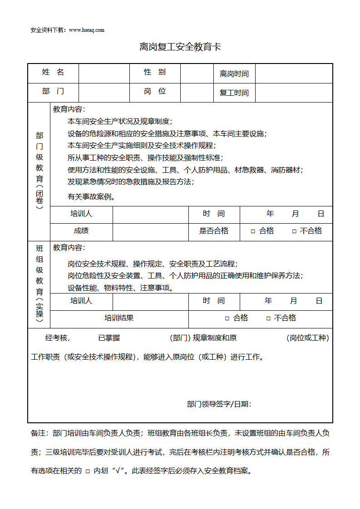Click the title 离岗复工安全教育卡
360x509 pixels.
coord(180,47)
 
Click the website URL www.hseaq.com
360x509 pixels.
coord(87,30)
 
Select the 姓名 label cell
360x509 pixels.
coord(53,73)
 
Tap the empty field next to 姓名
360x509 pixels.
coord(104,73)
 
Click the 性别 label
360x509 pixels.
coord(155,73)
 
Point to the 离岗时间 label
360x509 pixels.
coord(234,73)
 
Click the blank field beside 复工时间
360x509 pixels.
coord(293,93)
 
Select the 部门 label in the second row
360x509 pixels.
coord(53,92)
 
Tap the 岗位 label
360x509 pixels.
coord(155,92)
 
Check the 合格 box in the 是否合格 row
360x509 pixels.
coord(253,231)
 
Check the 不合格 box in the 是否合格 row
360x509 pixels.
coord(294,231)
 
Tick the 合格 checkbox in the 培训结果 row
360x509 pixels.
coord(227,318)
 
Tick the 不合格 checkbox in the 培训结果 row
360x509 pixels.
coord(268,318)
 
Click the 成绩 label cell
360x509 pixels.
coord(81,231)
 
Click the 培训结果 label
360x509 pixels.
coord(119,318)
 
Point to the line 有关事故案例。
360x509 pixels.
coord(91,197)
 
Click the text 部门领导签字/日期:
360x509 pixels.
coord(219,404)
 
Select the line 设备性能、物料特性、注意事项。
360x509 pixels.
coord(120,288)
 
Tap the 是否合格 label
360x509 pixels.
coord(214,231)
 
